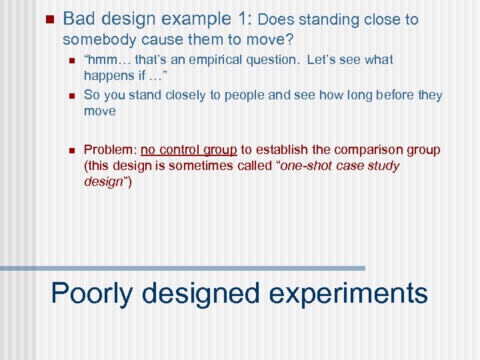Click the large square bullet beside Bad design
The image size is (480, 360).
tap(46, 19)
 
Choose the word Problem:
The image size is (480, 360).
tap(110, 149)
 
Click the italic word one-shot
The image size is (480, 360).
tap(308, 165)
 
